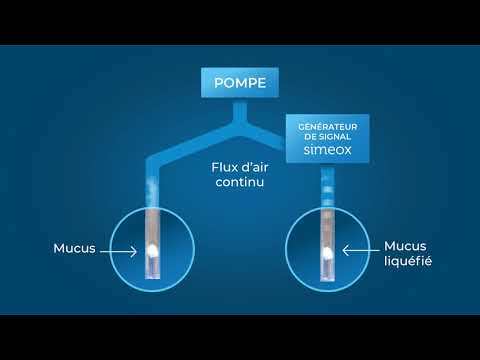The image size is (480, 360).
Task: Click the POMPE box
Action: (x=241, y=84)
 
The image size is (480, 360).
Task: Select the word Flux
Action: (x=226, y=168)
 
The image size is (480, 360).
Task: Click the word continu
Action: (x=239, y=185)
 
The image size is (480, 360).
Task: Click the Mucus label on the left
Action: (x=75, y=249)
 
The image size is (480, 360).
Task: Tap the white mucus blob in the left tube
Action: (x=153, y=249)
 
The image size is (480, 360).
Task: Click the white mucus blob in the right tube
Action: (x=327, y=254)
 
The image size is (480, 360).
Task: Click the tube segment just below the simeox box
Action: (x=327, y=180)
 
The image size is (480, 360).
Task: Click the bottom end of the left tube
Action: (x=153, y=280)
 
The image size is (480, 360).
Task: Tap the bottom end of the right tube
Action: (x=327, y=280)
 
